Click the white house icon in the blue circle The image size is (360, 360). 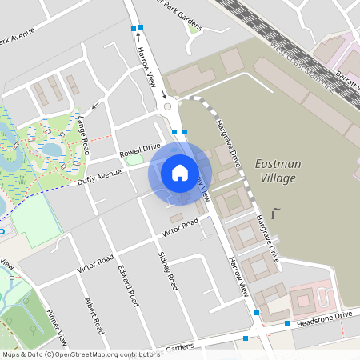click(x=180, y=173)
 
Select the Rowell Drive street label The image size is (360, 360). click(x=140, y=150)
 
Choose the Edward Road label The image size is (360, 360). click(x=127, y=286)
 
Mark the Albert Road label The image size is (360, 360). click(x=94, y=317)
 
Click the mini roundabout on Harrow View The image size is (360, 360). click(x=167, y=106)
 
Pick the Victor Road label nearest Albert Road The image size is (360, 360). click(x=95, y=263)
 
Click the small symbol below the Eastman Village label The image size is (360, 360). click(x=277, y=213)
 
